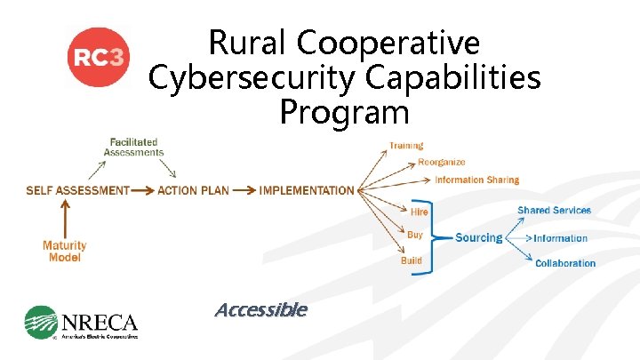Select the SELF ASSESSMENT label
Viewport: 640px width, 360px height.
point(77,190)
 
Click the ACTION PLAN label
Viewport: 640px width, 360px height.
point(193,190)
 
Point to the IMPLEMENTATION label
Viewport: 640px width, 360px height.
point(307,190)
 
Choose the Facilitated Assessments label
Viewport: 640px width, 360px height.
point(134,147)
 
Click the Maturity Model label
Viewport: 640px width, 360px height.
point(65,252)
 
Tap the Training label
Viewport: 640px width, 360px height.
point(406,146)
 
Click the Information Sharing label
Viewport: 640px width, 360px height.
point(476,180)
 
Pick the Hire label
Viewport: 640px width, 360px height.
point(419,212)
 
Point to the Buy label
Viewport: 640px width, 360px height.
point(415,235)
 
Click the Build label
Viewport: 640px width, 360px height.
point(412,260)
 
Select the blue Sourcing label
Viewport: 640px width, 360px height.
point(478,237)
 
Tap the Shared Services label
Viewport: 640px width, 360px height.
point(554,211)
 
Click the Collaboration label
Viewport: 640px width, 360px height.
point(565,263)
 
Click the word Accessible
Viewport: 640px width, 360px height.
point(260,309)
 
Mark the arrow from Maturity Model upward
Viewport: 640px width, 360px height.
point(64,218)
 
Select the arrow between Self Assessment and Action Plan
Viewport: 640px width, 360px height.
point(142,190)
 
